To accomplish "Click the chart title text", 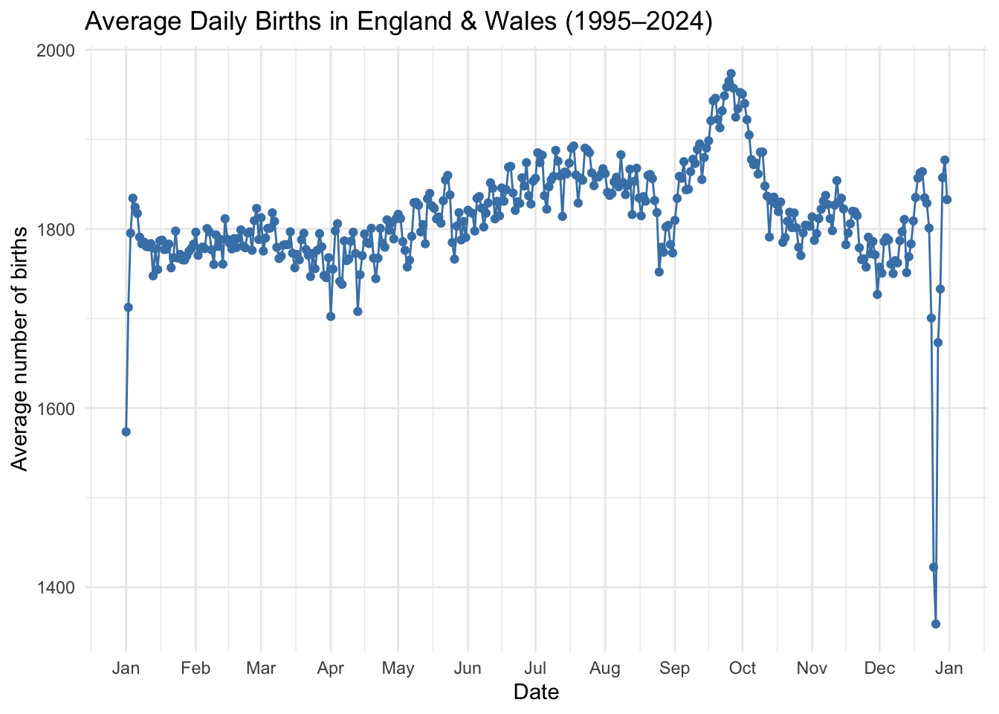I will pyautogui.click(x=399, y=22).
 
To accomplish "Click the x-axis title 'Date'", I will pyautogui.click(x=536, y=692).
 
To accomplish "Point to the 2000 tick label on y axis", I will pyautogui.click(x=56, y=51).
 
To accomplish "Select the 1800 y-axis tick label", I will pyautogui.click(x=56, y=229).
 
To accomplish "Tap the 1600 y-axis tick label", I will pyautogui.click(x=56, y=408).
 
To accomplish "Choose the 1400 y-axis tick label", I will pyautogui.click(x=56, y=588).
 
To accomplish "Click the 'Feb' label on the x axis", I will pyautogui.click(x=195, y=668).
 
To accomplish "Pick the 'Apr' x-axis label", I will pyautogui.click(x=330, y=668).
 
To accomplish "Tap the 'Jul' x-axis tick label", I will pyautogui.click(x=534, y=668).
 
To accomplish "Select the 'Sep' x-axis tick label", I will pyautogui.click(x=674, y=668).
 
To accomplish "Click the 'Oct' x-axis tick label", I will pyautogui.click(x=743, y=668).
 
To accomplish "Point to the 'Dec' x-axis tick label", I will pyautogui.click(x=879, y=668).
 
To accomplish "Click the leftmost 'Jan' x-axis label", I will pyautogui.click(x=126, y=668).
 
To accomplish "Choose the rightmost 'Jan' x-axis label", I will pyautogui.click(x=949, y=668).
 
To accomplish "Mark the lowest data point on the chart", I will pyautogui.click(x=936, y=624).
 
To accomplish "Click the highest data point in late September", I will pyautogui.click(x=731, y=74).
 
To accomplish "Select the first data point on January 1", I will pyautogui.click(x=126, y=432).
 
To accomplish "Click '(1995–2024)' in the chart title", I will pyautogui.click(x=638, y=22).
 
